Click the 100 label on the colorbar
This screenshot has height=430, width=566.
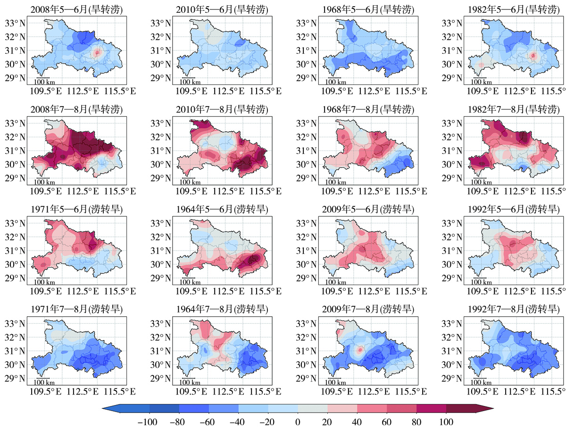(447, 422)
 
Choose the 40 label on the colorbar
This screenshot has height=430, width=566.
(357, 422)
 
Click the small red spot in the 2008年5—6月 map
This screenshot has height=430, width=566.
(97, 53)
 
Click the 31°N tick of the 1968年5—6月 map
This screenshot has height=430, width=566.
(306, 51)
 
